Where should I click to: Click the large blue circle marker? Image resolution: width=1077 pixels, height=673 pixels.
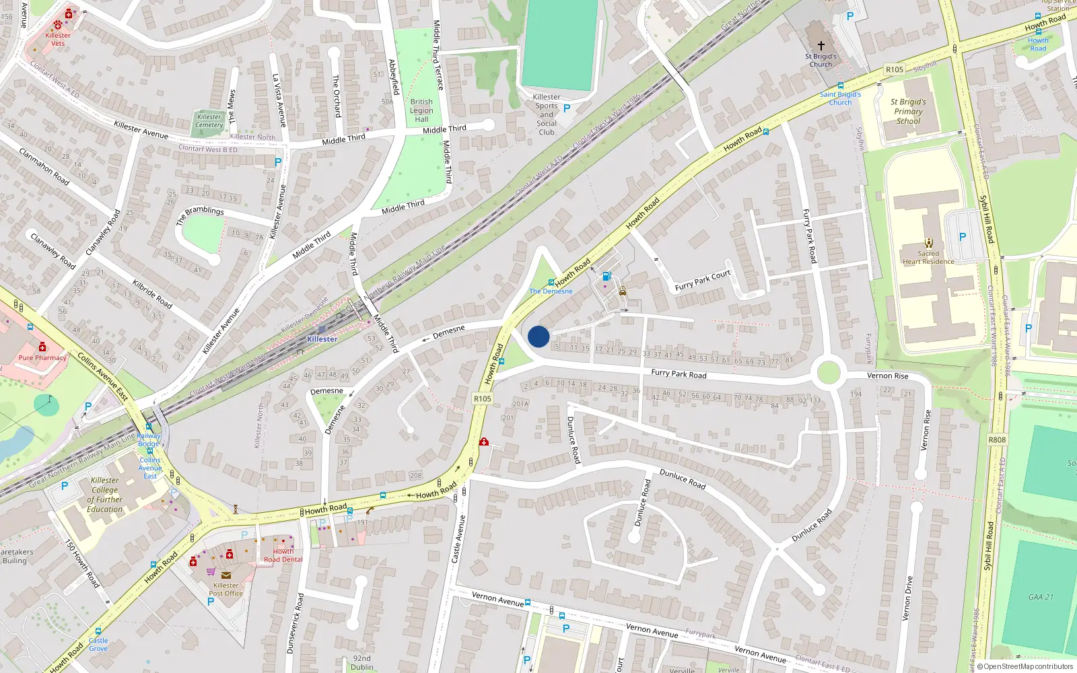[538, 336]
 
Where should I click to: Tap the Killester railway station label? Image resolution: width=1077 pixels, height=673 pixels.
[322, 339]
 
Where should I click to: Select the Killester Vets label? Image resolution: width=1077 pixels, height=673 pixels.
[58, 39]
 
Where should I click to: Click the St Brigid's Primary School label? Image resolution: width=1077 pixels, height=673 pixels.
[908, 112]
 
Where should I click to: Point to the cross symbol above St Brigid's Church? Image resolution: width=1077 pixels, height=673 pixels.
[821, 46]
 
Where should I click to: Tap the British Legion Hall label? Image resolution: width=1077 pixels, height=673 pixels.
[421, 110]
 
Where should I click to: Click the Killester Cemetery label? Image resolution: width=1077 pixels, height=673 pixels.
[209, 120]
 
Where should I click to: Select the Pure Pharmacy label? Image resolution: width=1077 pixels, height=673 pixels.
[42, 358]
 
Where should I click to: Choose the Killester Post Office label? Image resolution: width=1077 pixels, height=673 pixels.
[226, 589]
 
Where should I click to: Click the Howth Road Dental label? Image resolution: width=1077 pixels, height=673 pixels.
[283, 555]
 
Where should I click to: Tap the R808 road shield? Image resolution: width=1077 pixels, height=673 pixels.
[997, 440]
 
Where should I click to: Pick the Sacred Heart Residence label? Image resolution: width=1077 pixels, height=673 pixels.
[928, 258]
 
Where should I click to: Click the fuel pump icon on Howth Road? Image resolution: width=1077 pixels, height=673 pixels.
[606, 276]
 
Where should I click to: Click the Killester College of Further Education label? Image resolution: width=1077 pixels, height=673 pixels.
[104, 495]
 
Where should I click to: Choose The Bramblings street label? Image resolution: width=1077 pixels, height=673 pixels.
[200, 215]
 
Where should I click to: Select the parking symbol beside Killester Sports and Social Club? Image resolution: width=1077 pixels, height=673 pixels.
[567, 108]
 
